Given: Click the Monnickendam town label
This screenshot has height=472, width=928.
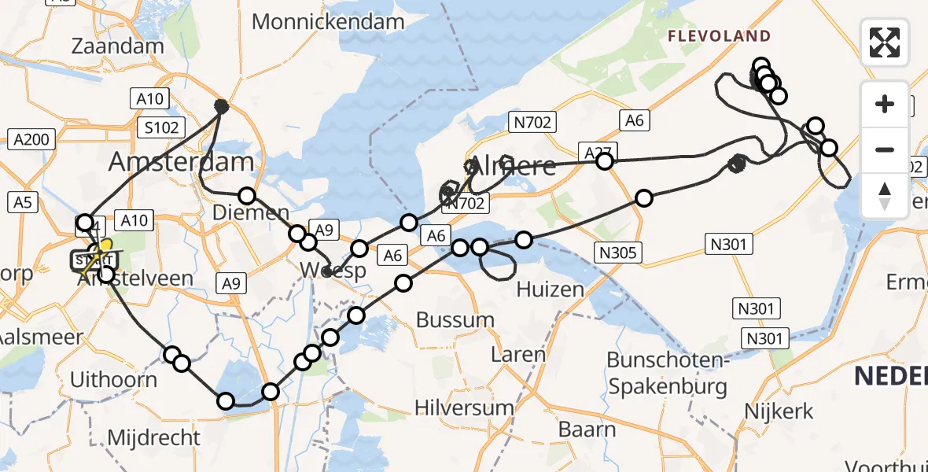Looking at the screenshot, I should click(x=328, y=21).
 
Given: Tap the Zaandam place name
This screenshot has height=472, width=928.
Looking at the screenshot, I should click(x=117, y=46).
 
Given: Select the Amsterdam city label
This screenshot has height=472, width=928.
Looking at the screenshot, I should click(x=181, y=163).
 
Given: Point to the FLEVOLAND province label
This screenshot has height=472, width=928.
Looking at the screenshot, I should click(x=720, y=36).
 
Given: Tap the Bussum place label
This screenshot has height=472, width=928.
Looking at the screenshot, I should click(x=455, y=320).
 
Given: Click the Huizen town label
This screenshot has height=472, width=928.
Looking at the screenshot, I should click(x=551, y=289).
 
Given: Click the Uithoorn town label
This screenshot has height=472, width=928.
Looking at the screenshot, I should click(x=113, y=379).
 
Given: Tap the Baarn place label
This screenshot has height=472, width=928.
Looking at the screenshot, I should click(x=587, y=430).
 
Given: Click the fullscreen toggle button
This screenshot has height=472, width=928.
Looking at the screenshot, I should click(x=885, y=42).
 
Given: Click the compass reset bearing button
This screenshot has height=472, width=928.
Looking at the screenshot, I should click(x=885, y=196).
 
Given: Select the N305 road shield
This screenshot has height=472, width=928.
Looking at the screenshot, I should click(x=619, y=253).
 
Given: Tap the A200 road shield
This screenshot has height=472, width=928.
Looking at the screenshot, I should click(x=31, y=140).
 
